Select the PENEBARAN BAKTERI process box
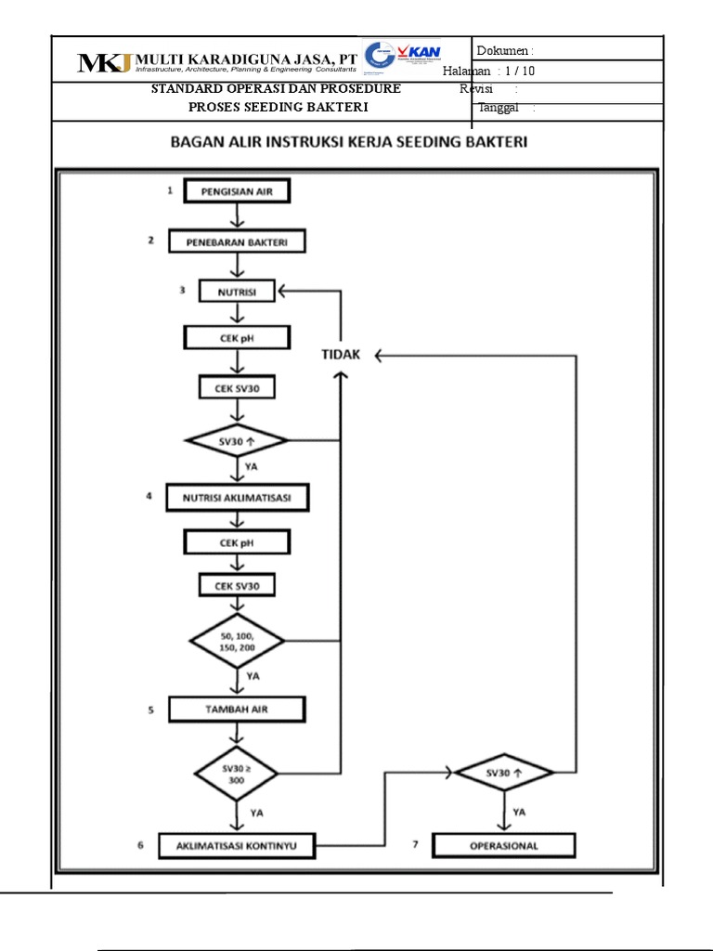point(237,241)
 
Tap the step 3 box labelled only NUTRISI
point(238,292)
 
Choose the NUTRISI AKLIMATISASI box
point(238,498)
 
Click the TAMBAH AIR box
point(237,710)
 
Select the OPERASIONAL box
point(504,846)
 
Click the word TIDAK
point(342,355)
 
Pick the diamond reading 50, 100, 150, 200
point(237,641)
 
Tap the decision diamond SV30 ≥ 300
point(237,773)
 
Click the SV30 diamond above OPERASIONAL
point(504,773)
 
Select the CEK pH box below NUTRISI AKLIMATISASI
point(237,542)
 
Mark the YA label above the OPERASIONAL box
point(520,812)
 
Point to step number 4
point(148,497)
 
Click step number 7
point(415,845)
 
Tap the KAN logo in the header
point(418,53)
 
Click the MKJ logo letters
point(105,62)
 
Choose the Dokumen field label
point(503,50)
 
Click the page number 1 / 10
point(520,72)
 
